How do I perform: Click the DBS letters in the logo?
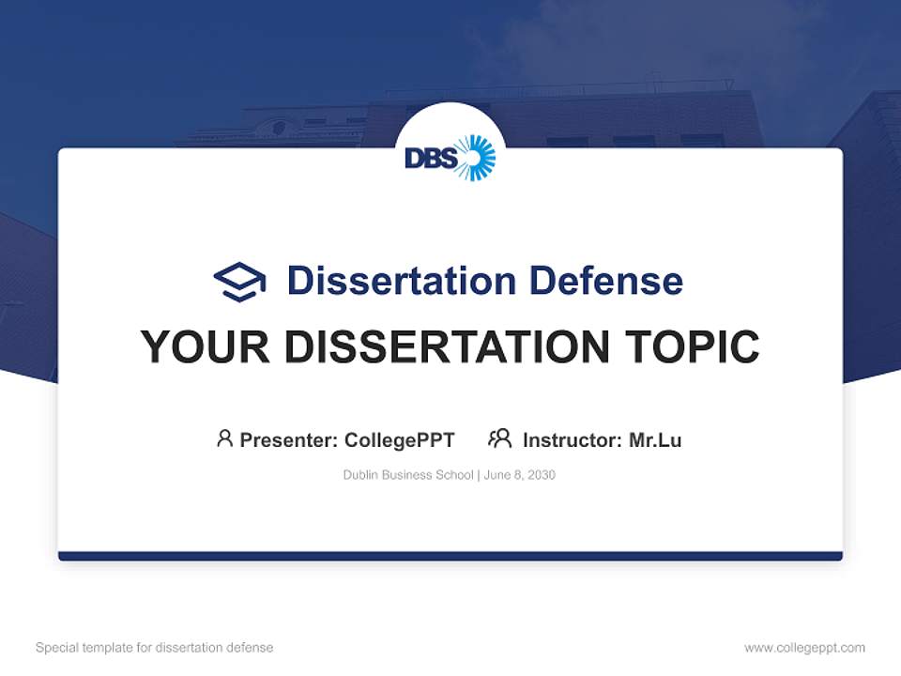click(x=431, y=159)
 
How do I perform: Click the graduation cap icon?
click(x=239, y=282)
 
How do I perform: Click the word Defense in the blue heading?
click(x=605, y=281)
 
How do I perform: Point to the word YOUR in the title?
click(x=206, y=346)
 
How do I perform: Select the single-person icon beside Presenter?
click(x=224, y=438)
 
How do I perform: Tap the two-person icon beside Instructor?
click(x=499, y=438)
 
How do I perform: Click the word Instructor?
click(x=571, y=439)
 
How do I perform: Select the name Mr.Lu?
click(x=655, y=439)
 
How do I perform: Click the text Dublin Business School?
click(x=408, y=475)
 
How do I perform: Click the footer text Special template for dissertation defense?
click(x=155, y=648)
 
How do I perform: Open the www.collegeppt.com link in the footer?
click(x=804, y=648)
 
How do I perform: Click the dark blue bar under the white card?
click(x=450, y=556)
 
